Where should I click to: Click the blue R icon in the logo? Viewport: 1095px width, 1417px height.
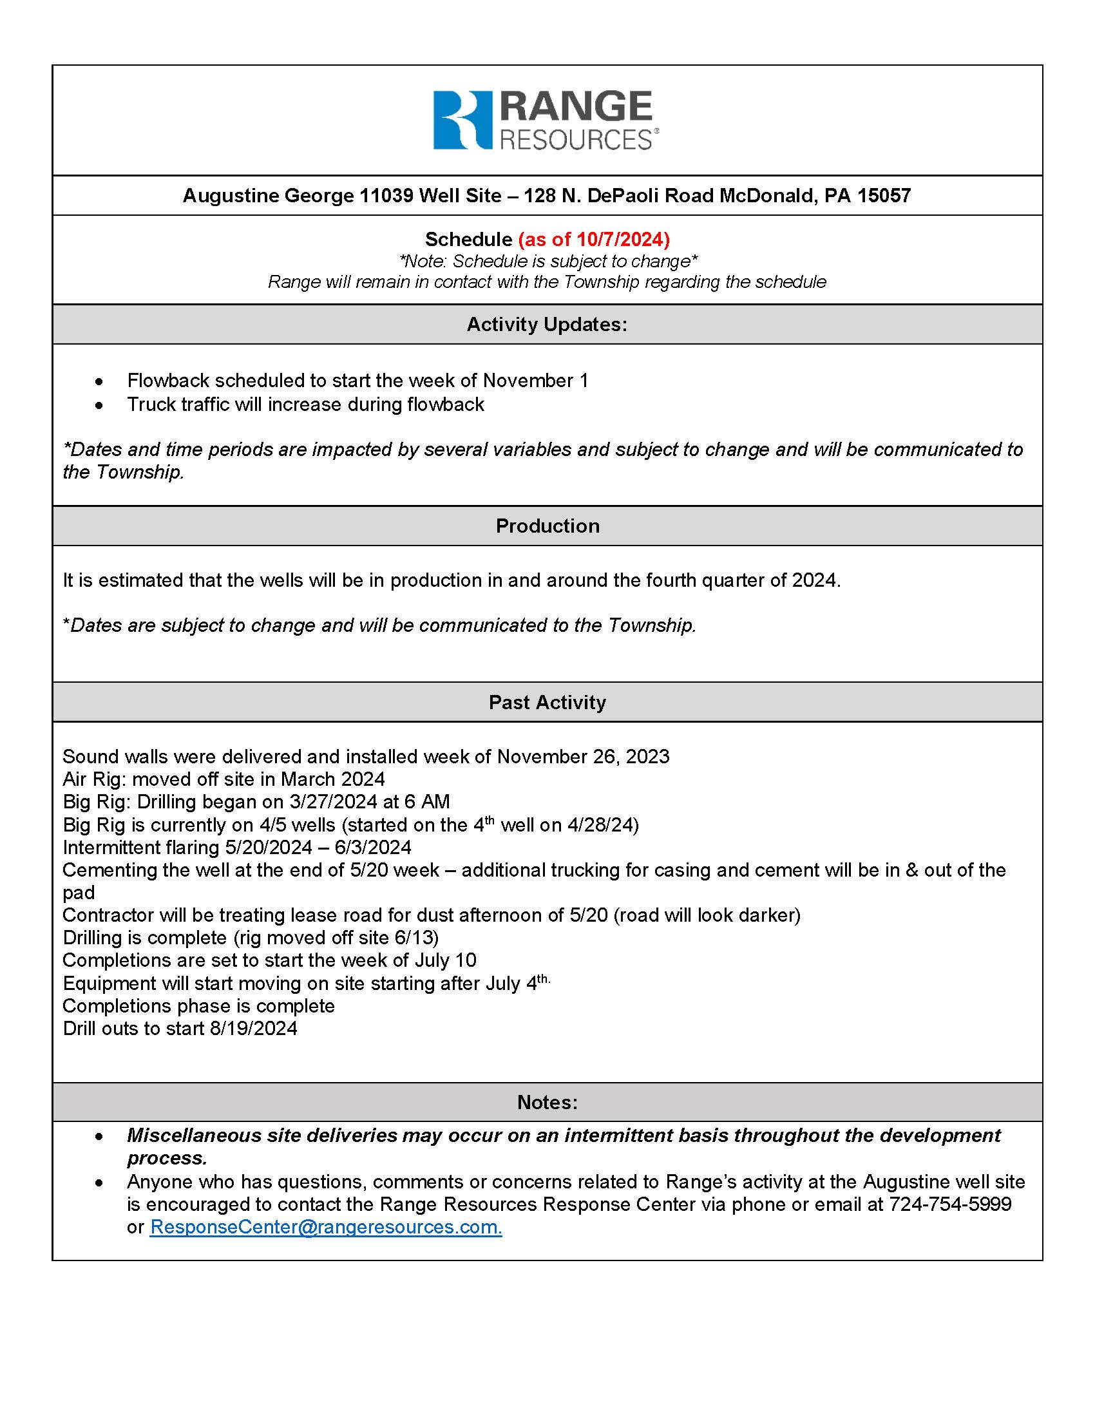(x=462, y=120)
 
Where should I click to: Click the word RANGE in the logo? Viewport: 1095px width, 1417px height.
(x=576, y=107)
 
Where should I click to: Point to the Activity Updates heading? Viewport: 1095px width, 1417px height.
(x=547, y=325)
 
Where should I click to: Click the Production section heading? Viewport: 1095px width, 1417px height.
(x=547, y=526)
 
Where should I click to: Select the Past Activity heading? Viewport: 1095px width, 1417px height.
(x=547, y=702)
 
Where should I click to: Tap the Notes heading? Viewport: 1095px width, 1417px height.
(x=547, y=1102)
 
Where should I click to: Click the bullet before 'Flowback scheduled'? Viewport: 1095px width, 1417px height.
(x=99, y=381)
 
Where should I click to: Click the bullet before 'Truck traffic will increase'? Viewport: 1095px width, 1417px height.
(x=99, y=405)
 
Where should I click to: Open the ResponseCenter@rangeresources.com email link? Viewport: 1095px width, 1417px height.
(x=326, y=1227)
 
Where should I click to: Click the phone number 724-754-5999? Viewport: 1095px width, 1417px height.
(x=949, y=1204)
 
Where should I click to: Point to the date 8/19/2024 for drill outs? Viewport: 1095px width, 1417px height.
(x=253, y=1029)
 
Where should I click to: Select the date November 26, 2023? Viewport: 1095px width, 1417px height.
(x=582, y=757)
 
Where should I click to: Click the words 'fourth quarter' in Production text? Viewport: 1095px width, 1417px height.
(x=689, y=580)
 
